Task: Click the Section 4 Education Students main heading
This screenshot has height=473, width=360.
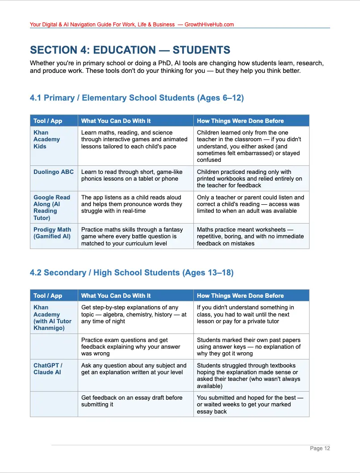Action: [x=130, y=50]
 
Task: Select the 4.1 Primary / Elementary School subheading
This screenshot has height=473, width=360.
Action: [x=137, y=98]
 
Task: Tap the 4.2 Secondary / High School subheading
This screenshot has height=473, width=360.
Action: [x=132, y=273]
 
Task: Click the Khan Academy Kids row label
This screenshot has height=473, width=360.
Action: [x=46, y=139]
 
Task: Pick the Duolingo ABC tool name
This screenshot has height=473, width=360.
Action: [x=54, y=172]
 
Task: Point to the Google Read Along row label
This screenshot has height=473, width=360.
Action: [x=52, y=207]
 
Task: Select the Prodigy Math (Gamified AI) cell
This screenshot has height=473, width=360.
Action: [x=52, y=233]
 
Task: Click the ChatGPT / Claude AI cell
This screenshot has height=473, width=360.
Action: [x=48, y=369]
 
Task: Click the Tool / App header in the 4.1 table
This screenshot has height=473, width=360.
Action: [x=48, y=121]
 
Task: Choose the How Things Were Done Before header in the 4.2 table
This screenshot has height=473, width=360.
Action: [x=240, y=296]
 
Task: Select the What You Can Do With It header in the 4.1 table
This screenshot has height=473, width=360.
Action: [x=116, y=121]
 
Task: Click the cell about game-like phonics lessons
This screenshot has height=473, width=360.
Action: [x=130, y=175]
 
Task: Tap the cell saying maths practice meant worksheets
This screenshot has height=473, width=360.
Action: [x=250, y=236]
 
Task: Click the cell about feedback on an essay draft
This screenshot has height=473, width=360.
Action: [x=132, y=401]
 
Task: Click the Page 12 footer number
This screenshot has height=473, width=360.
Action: [x=320, y=448]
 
